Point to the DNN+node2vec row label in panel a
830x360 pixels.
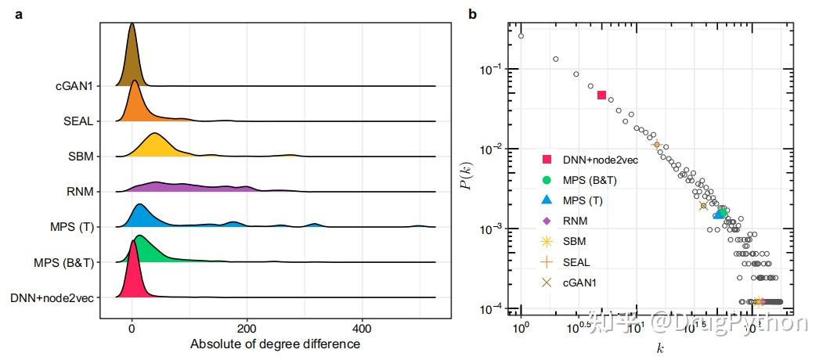pos(52,297)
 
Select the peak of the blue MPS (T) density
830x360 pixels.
pos(140,205)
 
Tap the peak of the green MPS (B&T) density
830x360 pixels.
pos(140,236)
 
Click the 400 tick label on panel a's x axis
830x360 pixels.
pos(362,327)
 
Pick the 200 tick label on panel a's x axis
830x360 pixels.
pos(247,327)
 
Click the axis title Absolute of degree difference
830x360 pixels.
pos(275,344)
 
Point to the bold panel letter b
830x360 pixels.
pos(472,14)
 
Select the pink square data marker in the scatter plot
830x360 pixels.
pos(601,95)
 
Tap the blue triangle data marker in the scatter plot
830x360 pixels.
pos(719,214)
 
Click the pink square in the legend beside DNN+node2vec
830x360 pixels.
pos(547,160)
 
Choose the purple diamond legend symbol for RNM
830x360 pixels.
pos(547,221)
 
